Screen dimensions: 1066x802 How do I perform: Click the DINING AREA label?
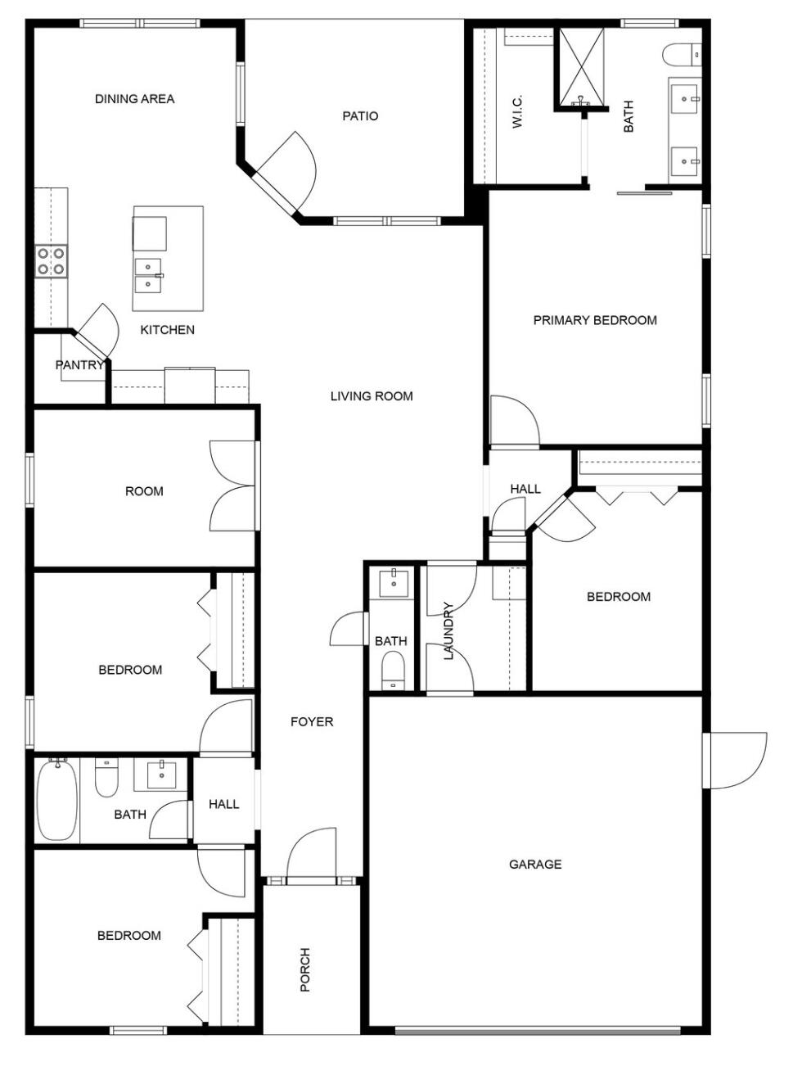[134, 99]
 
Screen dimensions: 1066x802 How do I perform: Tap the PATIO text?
[360, 116]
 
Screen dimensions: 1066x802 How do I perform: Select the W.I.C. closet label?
[517, 111]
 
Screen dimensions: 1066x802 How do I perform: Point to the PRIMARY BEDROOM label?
[595, 320]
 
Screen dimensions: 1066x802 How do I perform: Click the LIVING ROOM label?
[372, 396]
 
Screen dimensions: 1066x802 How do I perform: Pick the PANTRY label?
[79, 365]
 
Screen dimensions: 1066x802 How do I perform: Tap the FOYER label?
[312, 721]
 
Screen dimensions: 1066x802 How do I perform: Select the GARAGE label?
[535, 864]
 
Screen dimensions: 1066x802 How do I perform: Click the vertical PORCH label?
[305, 970]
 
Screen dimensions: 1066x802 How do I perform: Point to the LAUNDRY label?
[448, 631]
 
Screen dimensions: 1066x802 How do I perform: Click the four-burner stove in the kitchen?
[51, 261]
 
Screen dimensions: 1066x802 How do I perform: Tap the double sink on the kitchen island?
[148, 275]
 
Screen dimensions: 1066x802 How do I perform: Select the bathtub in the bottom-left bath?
[56, 799]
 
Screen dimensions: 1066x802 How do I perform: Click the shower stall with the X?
[581, 66]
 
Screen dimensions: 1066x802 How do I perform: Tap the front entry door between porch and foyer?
[312, 856]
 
